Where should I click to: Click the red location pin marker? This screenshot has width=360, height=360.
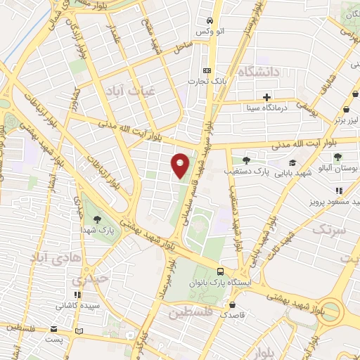pyautogui.click(x=181, y=165)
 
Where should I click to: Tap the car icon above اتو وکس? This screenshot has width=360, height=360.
pyautogui.click(x=209, y=20)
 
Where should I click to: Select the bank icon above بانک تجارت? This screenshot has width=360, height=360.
pyautogui.click(x=206, y=70)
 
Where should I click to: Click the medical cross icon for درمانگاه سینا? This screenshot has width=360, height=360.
pyautogui.click(x=266, y=96)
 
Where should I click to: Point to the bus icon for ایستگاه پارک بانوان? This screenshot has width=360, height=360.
pyautogui.click(x=221, y=271)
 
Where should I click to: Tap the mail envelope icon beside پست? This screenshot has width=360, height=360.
pyautogui.click(x=54, y=329)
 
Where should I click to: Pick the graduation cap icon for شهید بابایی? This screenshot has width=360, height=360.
pyautogui.click(x=292, y=162)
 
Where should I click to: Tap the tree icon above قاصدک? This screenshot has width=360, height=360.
pyautogui.click(x=232, y=305)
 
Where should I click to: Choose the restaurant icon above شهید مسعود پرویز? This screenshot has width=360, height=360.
pyautogui.click(x=338, y=190)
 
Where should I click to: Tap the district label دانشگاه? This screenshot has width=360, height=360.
pyautogui.click(x=259, y=72)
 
